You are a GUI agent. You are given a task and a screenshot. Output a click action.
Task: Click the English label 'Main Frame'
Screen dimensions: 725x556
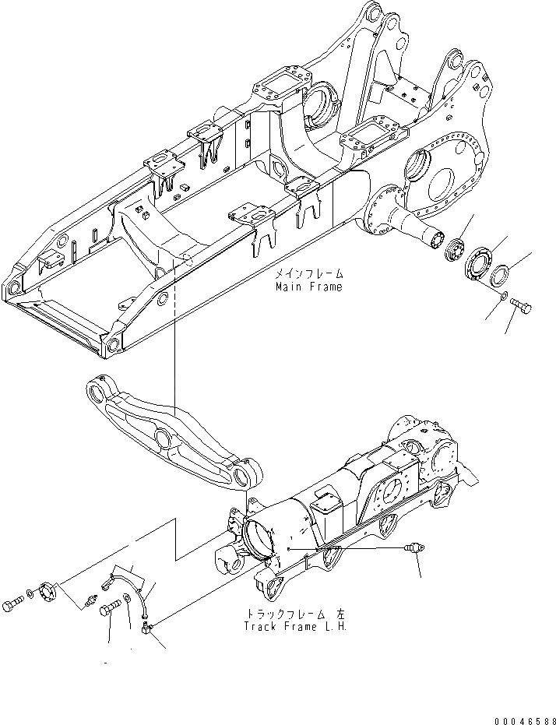pyautogui.click(x=308, y=287)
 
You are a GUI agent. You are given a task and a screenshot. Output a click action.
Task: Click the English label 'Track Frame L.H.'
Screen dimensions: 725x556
pyautogui.click(x=294, y=626)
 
